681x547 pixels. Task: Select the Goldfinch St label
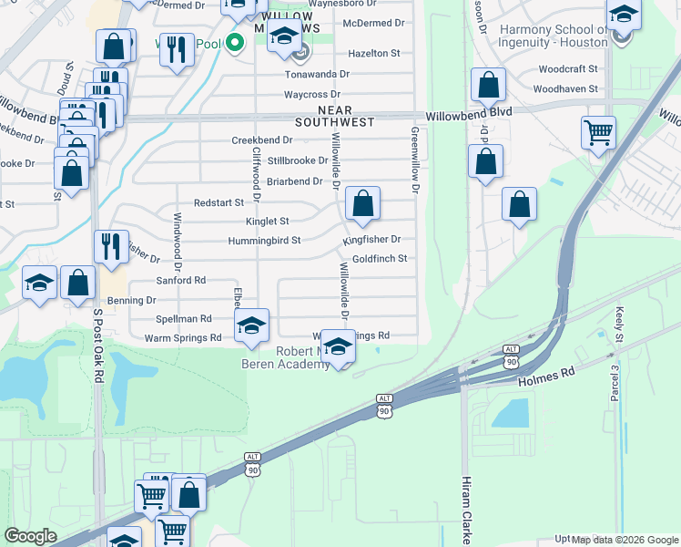[379, 259]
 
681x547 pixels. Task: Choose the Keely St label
[618, 325]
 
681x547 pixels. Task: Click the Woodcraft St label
[567, 69]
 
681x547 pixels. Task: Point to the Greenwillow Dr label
[414, 160]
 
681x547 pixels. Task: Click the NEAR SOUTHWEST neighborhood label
[334, 115]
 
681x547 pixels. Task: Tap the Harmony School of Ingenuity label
[554, 36]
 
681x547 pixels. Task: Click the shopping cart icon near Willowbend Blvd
[598, 132]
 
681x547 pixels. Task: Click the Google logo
[31, 536]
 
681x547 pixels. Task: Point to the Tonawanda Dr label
[317, 74]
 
